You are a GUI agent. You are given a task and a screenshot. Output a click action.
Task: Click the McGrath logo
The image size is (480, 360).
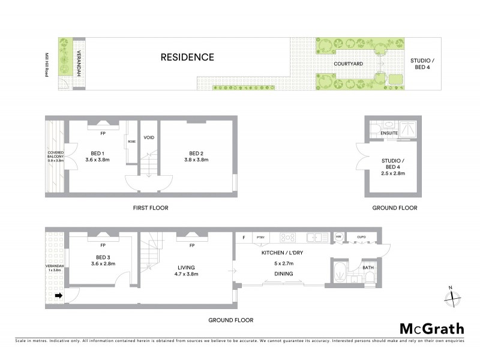pyautogui.click(x=431, y=328)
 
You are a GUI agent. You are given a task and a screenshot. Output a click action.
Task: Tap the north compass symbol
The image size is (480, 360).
pyautogui.click(x=452, y=296)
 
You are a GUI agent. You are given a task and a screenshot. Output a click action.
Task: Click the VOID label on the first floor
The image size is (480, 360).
pyautogui.click(x=149, y=137)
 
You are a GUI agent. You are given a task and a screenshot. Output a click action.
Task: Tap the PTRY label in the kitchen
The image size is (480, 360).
pyautogui.click(x=260, y=237)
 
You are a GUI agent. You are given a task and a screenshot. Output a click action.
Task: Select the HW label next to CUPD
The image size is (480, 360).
pyautogui.click(x=339, y=237)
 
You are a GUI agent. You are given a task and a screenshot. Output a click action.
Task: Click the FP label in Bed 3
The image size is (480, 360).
pyautogui.click(x=103, y=245)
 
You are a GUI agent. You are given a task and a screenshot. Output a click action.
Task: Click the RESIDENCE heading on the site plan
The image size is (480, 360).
pyautogui.click(x=187, y=58)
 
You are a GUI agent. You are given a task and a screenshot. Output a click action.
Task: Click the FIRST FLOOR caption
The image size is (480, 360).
pyautogui.click(x=150, y=208)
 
